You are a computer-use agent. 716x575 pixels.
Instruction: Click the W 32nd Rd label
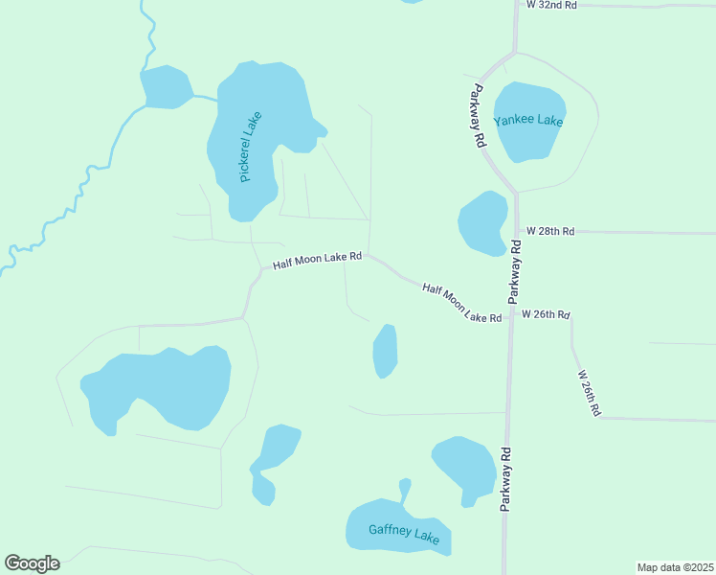552,5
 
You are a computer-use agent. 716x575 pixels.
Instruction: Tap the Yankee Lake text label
528,121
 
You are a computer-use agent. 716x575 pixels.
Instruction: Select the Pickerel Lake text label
250,147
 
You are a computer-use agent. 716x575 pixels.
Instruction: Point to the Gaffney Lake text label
404,532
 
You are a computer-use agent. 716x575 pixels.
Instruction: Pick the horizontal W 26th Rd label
545,314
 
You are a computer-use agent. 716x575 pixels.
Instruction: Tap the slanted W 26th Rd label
588,393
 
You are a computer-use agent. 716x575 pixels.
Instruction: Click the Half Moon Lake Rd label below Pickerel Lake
317,260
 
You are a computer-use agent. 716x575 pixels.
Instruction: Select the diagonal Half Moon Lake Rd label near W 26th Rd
462,302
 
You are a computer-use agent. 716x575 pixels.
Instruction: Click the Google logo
32,563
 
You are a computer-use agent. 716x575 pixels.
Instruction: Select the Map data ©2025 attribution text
675,566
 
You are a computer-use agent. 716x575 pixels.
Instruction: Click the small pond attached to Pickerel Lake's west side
167,87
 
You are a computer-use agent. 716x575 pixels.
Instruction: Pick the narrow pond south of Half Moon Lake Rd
385,351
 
